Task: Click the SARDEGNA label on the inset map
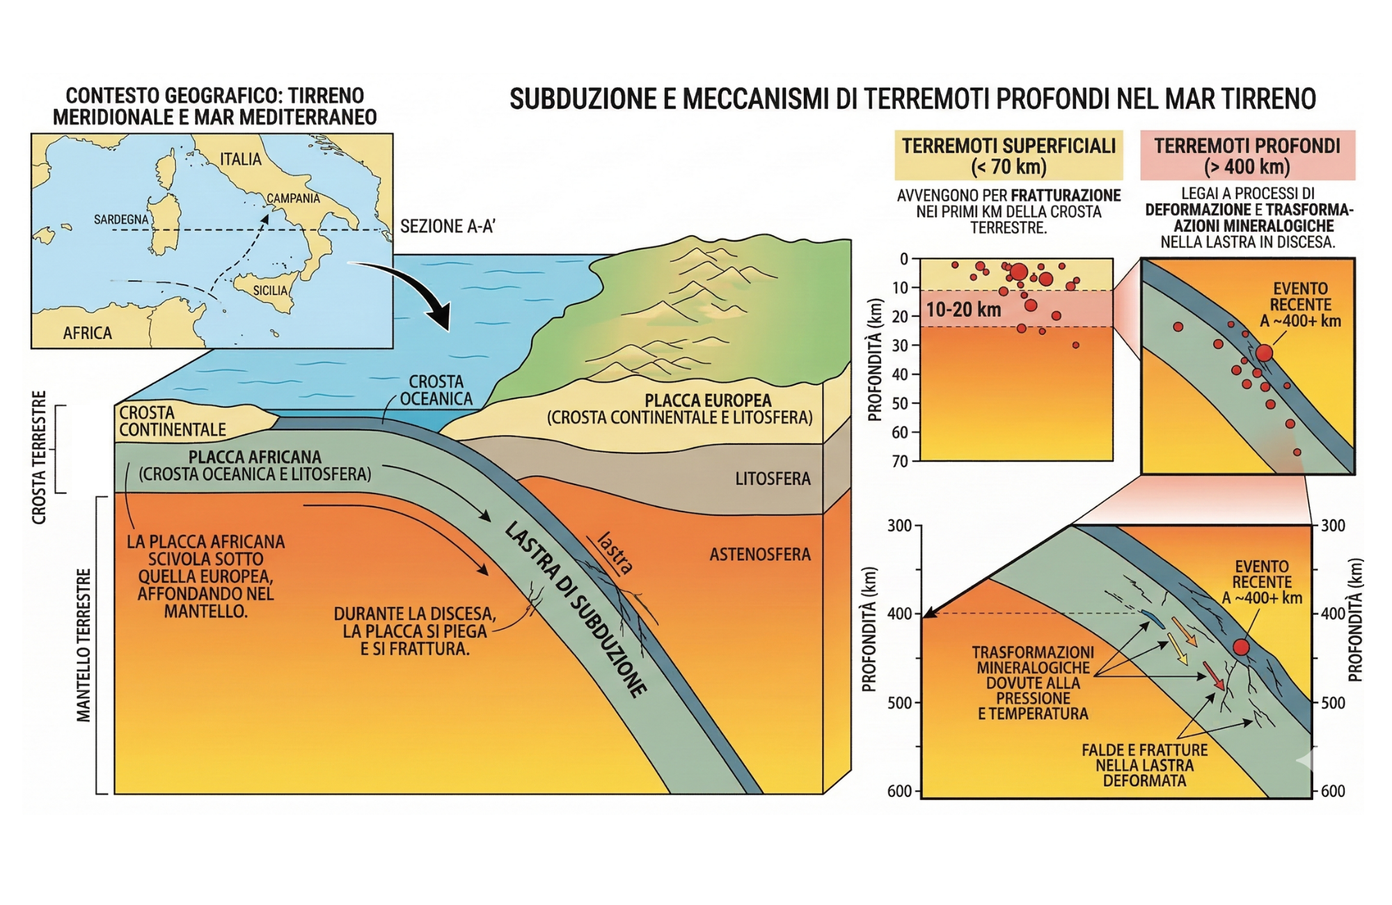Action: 121,220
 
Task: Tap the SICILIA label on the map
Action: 270,290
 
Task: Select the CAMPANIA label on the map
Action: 293,198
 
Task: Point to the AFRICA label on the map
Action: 88,333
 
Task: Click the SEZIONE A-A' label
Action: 448,226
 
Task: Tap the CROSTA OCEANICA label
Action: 436,390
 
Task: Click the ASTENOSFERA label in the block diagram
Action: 760,554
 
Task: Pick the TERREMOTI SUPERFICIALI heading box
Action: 1009,156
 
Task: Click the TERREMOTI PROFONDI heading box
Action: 1247,156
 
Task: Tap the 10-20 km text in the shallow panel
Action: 963,310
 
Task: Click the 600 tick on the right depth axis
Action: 1333,791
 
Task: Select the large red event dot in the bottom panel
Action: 1241,647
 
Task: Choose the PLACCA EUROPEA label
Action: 708,401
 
